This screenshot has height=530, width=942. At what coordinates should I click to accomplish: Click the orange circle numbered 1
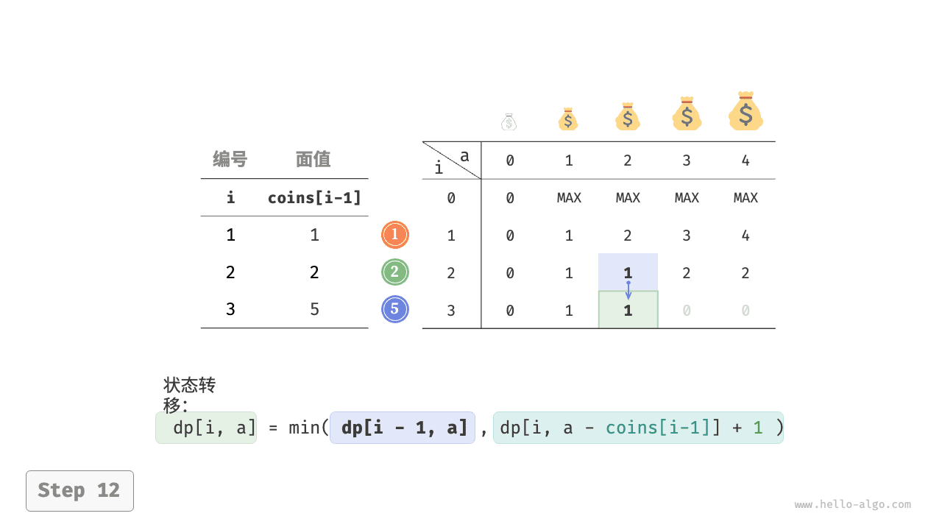tap(395, 235)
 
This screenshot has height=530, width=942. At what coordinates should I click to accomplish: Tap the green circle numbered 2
tap(395, 272)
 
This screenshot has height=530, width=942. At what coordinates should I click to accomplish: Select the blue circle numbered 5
tap(395, 309)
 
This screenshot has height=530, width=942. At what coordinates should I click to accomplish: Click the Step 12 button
tap(80, 491)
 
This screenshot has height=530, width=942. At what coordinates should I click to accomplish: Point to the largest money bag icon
tap(746, 111)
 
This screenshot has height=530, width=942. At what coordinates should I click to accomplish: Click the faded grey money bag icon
tap(509, 121)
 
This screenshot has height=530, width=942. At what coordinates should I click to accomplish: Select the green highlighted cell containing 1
tap(628, 309)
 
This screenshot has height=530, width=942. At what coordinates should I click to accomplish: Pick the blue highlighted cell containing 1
tap(628, 272)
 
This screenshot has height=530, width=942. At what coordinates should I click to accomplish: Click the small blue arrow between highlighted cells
tap(628, 290)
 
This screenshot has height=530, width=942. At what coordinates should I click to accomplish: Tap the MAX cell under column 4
tap(746, 198)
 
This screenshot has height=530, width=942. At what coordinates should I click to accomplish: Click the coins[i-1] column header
tap(314, 198)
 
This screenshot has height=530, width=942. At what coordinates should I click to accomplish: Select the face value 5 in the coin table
tap(314, 309)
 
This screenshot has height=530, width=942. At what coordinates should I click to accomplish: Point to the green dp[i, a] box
tap(206, 428)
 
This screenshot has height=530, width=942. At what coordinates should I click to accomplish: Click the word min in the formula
tap(304, 428)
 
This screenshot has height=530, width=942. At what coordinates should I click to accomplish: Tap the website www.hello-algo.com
tap(852, 504)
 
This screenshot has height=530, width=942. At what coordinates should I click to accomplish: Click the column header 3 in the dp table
tap(687, 160)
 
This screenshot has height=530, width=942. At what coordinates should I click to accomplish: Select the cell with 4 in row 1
tap(746, 235)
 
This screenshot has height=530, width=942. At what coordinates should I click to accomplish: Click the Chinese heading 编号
tap(230, 160)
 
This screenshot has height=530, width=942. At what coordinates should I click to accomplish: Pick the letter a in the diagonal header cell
tap(464, 156)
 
